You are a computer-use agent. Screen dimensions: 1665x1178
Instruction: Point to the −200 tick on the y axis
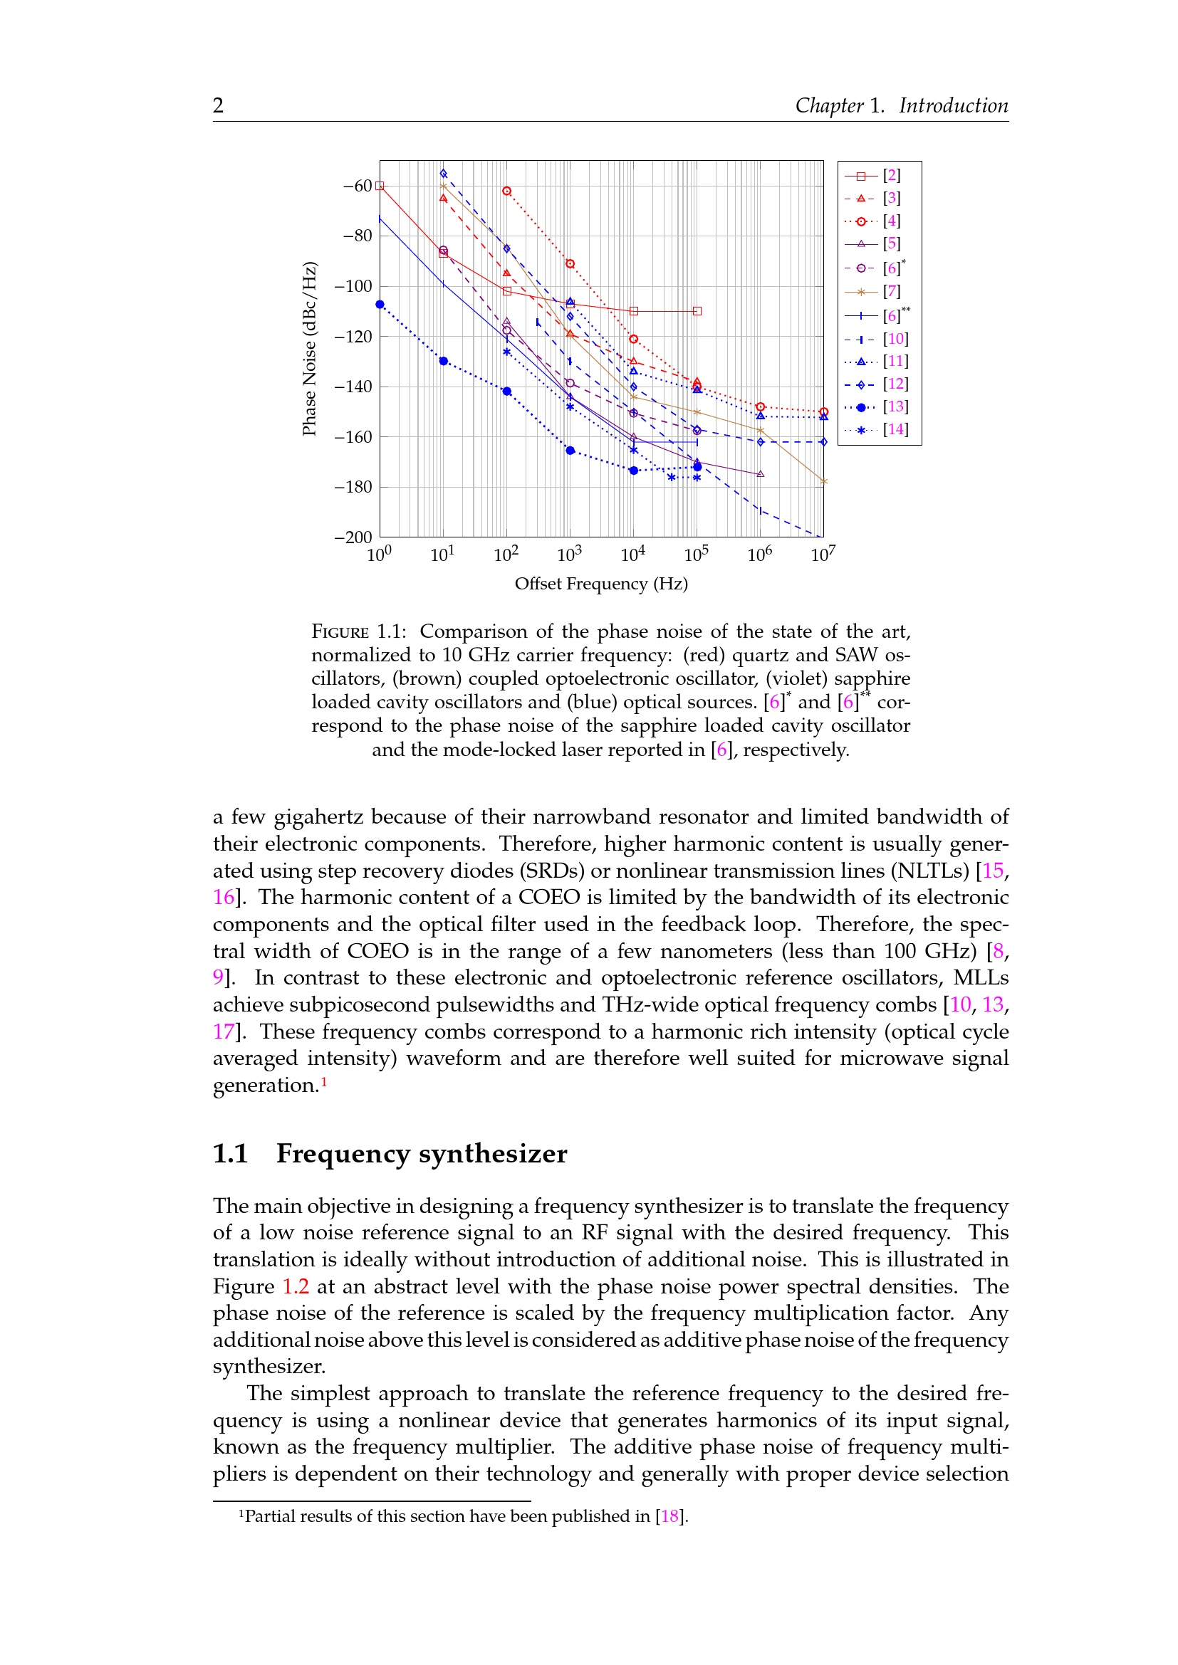353,537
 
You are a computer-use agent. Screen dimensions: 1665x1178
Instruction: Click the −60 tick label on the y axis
357,186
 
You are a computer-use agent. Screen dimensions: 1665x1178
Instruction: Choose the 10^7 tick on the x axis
823,555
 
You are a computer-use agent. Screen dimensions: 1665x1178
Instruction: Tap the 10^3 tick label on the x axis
570,555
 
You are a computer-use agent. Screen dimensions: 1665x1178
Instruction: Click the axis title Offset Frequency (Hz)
600,584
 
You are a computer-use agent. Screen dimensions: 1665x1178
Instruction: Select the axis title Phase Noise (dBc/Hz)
310,348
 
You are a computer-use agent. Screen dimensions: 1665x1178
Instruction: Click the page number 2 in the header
219,106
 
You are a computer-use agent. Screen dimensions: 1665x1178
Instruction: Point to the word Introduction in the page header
953,106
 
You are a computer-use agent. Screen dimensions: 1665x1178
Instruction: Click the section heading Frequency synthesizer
422,1154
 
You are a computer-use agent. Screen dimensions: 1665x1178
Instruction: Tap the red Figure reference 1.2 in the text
296,1286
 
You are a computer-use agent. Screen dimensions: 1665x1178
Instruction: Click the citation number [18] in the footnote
669,1516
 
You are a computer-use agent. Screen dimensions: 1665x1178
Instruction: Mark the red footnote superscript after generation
324,1082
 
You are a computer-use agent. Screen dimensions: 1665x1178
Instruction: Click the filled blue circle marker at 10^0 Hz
380,305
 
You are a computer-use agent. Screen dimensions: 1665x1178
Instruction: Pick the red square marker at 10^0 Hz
380,187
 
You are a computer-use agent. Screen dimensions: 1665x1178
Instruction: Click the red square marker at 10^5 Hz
697,311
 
